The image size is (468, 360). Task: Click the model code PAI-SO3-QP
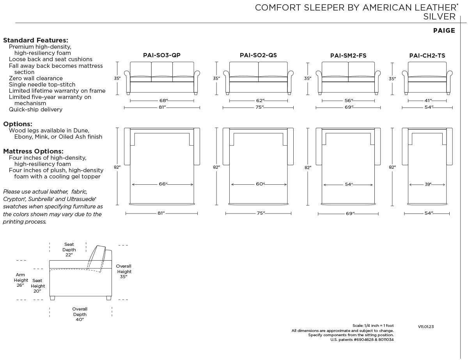click(x=162, y=55)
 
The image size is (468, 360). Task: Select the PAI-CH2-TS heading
click(x=427, y=56)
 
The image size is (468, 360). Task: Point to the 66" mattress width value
click(x=163, y=184)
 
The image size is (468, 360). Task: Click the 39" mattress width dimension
click(x=428, y=184)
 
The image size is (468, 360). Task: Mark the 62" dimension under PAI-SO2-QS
click(x=260, y=101)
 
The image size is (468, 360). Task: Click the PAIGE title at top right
click(x=444, y=30)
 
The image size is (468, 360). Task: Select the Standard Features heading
click(x=35, y=40)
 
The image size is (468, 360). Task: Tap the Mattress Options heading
click(x=33, y=151)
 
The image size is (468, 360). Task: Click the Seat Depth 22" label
click(x=69, y=249)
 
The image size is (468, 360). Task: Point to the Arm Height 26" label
click(x=21, y=280)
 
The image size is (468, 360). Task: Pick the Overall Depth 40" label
click(x=80, y=314)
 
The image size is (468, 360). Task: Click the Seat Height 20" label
click(x=37, y=286)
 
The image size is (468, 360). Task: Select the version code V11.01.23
click(x=426, y=326)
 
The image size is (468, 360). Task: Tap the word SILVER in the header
click(x=440, y=17)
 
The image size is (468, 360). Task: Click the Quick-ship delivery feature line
click(x=35, y=109)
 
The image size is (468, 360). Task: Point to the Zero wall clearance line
click(x=36, y=78)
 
